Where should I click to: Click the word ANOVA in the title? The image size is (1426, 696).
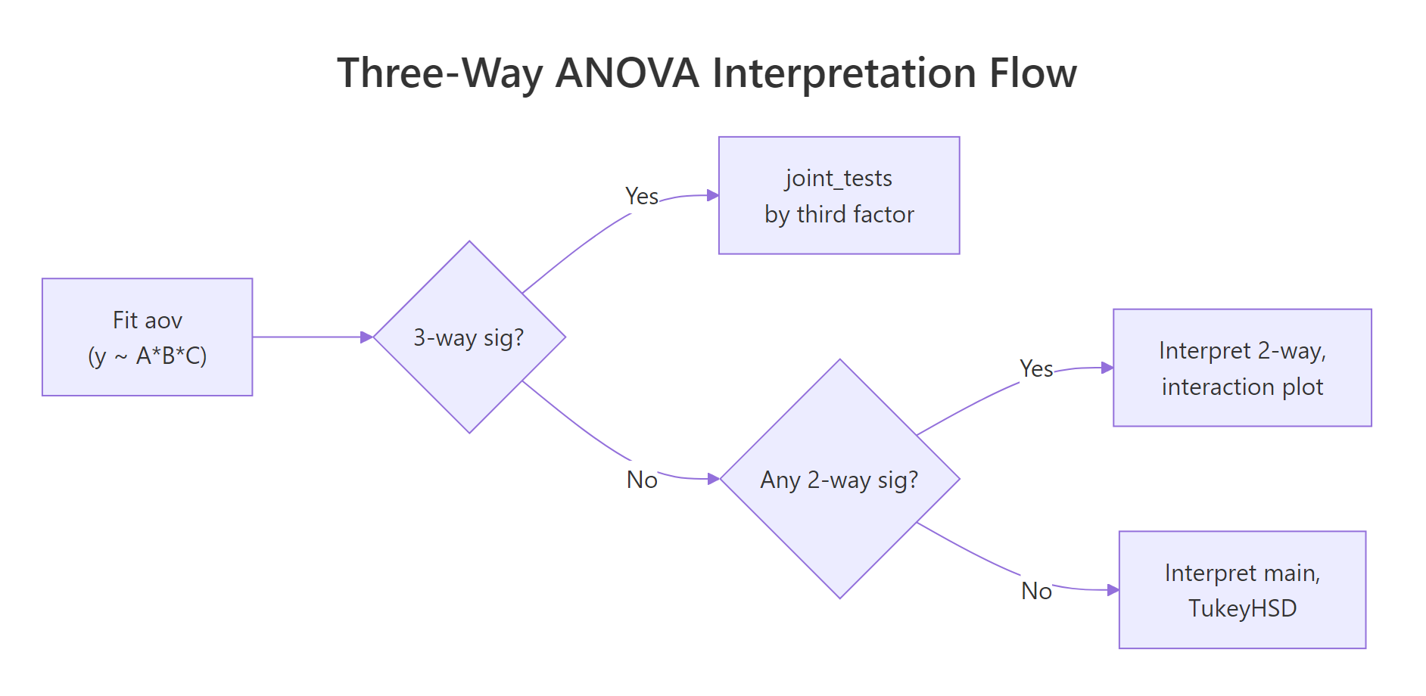627,73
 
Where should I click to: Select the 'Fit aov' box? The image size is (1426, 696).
147,337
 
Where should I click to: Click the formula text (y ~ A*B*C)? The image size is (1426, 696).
147,356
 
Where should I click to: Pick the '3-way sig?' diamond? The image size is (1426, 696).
469,337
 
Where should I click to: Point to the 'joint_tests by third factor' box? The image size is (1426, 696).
839,196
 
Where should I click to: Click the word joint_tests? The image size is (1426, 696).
839,178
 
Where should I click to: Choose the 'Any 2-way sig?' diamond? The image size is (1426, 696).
839,479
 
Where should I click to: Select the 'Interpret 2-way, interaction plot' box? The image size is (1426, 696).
1241,368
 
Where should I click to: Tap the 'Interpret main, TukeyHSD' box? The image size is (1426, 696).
1241,590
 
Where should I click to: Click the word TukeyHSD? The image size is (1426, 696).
1241,608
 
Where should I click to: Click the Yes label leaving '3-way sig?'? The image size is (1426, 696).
641,197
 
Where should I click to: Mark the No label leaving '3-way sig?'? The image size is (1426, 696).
642,480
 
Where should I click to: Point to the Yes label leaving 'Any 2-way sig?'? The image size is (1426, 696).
1035,369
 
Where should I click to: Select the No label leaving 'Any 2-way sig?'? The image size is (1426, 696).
1035,591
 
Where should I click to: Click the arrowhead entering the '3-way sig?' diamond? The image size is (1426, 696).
367,337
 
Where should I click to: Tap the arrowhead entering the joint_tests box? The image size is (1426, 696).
712,195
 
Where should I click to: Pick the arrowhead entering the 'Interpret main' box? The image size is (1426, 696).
1113,590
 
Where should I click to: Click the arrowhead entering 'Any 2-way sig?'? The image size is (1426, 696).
713,479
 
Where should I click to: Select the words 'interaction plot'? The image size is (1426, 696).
1241,387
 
